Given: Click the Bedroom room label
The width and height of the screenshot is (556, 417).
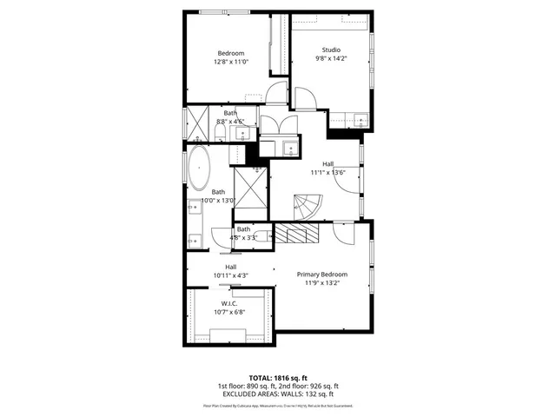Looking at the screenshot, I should (x=230, y=53).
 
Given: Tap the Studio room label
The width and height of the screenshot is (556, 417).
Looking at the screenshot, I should (x=331, y=50).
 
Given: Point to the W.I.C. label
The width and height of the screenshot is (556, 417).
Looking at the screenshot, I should (x=229, y=303).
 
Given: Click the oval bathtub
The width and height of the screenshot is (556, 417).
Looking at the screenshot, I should (x=199, y=169).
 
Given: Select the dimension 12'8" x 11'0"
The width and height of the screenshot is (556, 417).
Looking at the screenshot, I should (x=230, y=63).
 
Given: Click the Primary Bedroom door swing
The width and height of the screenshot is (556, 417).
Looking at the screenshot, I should (x=344, y=235).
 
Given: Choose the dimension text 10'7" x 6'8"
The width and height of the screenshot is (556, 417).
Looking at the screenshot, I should (x=229, y=312).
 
